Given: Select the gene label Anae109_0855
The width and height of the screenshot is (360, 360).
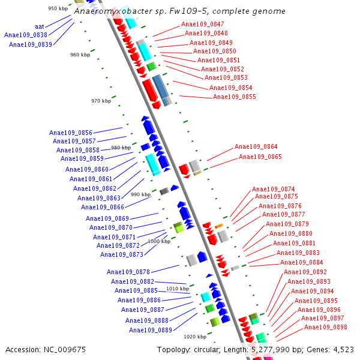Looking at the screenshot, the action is point(234,97).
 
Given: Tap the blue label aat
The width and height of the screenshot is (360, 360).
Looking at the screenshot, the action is point(40,26).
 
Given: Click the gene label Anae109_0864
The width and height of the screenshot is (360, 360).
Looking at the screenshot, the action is point(256,146).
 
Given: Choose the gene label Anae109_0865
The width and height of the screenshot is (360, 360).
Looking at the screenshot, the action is point(260,157).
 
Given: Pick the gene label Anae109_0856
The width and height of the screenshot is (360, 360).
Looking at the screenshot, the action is point(71,133).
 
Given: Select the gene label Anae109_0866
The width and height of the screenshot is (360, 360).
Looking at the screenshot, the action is point(103,207).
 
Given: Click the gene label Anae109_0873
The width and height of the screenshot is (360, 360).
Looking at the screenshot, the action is point(122,254).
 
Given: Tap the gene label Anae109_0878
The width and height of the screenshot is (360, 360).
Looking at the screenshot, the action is point(128,272).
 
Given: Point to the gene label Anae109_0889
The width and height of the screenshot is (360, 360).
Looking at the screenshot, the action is point(151,330).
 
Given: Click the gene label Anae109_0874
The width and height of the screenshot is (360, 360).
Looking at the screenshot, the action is point(274,189).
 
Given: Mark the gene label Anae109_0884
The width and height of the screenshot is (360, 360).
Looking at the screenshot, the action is point(301,262).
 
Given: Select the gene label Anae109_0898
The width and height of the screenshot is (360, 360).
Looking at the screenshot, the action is point(325,327).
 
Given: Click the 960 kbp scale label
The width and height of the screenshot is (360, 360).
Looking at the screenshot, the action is point(80,55).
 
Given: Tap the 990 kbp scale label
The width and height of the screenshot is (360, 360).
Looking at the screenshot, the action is point(141,194).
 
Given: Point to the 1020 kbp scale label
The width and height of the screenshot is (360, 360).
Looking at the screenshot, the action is point(195,337).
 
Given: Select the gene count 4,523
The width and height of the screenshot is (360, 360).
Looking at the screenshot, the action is point(343,349).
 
